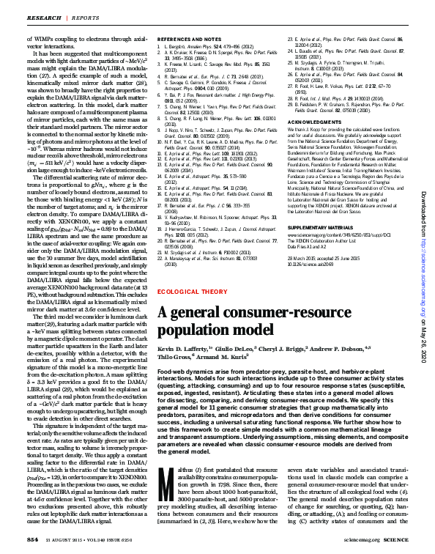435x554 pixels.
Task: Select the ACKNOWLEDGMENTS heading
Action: (309, 122)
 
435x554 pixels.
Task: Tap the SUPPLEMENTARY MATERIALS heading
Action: (319, 227)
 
